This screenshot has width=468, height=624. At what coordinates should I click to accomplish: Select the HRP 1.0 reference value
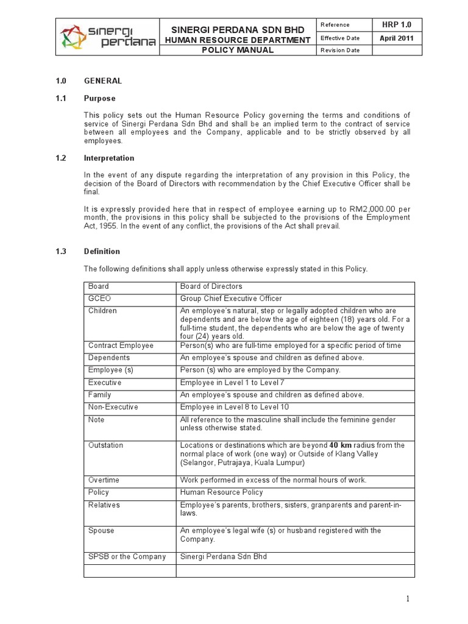(396, 24)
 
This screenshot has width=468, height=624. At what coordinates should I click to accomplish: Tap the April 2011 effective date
(396, 37)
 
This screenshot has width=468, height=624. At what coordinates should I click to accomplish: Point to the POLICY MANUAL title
(238, 50)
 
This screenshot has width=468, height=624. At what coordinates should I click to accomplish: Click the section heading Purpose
(99, 98)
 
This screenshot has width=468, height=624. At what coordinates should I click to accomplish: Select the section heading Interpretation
(109, 158)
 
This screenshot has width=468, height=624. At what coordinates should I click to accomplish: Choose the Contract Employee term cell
(121, 346)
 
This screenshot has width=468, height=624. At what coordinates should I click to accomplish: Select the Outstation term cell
(105, 445)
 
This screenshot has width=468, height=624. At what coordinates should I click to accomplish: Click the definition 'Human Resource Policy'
(221, 492)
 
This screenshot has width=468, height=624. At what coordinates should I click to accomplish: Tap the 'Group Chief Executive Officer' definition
(231, 299)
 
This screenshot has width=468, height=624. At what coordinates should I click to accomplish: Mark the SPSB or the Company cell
(127, 556)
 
